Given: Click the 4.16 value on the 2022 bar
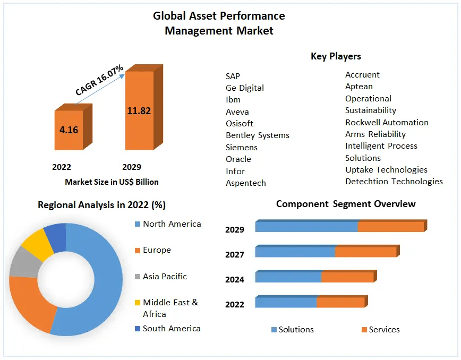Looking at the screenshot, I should pos(69,130).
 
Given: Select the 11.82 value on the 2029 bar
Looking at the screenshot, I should pos(139,111).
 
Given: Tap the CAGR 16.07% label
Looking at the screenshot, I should pos(99,80).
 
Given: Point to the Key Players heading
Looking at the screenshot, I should pos(336,56).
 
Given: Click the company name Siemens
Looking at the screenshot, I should pos(242,147).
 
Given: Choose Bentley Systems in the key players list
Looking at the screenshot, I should pos(258,135).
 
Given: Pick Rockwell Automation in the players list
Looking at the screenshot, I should pos(387,122).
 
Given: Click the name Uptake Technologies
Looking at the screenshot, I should pos(386,170).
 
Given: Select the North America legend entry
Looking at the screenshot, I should pos(172,224).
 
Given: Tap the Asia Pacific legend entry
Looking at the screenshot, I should pos(165,277).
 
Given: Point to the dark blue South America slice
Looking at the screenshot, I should pos(55,235).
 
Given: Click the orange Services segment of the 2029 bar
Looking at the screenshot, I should pos(390,227).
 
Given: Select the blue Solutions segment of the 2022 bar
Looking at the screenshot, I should pos(286,302).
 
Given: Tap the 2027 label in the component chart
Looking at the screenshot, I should pos(234,254).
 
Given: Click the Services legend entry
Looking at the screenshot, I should pos(384,330).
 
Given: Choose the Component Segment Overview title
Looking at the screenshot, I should pos(346,204).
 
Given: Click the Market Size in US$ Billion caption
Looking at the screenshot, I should pos(112,182).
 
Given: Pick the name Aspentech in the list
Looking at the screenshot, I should pos(246,183).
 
